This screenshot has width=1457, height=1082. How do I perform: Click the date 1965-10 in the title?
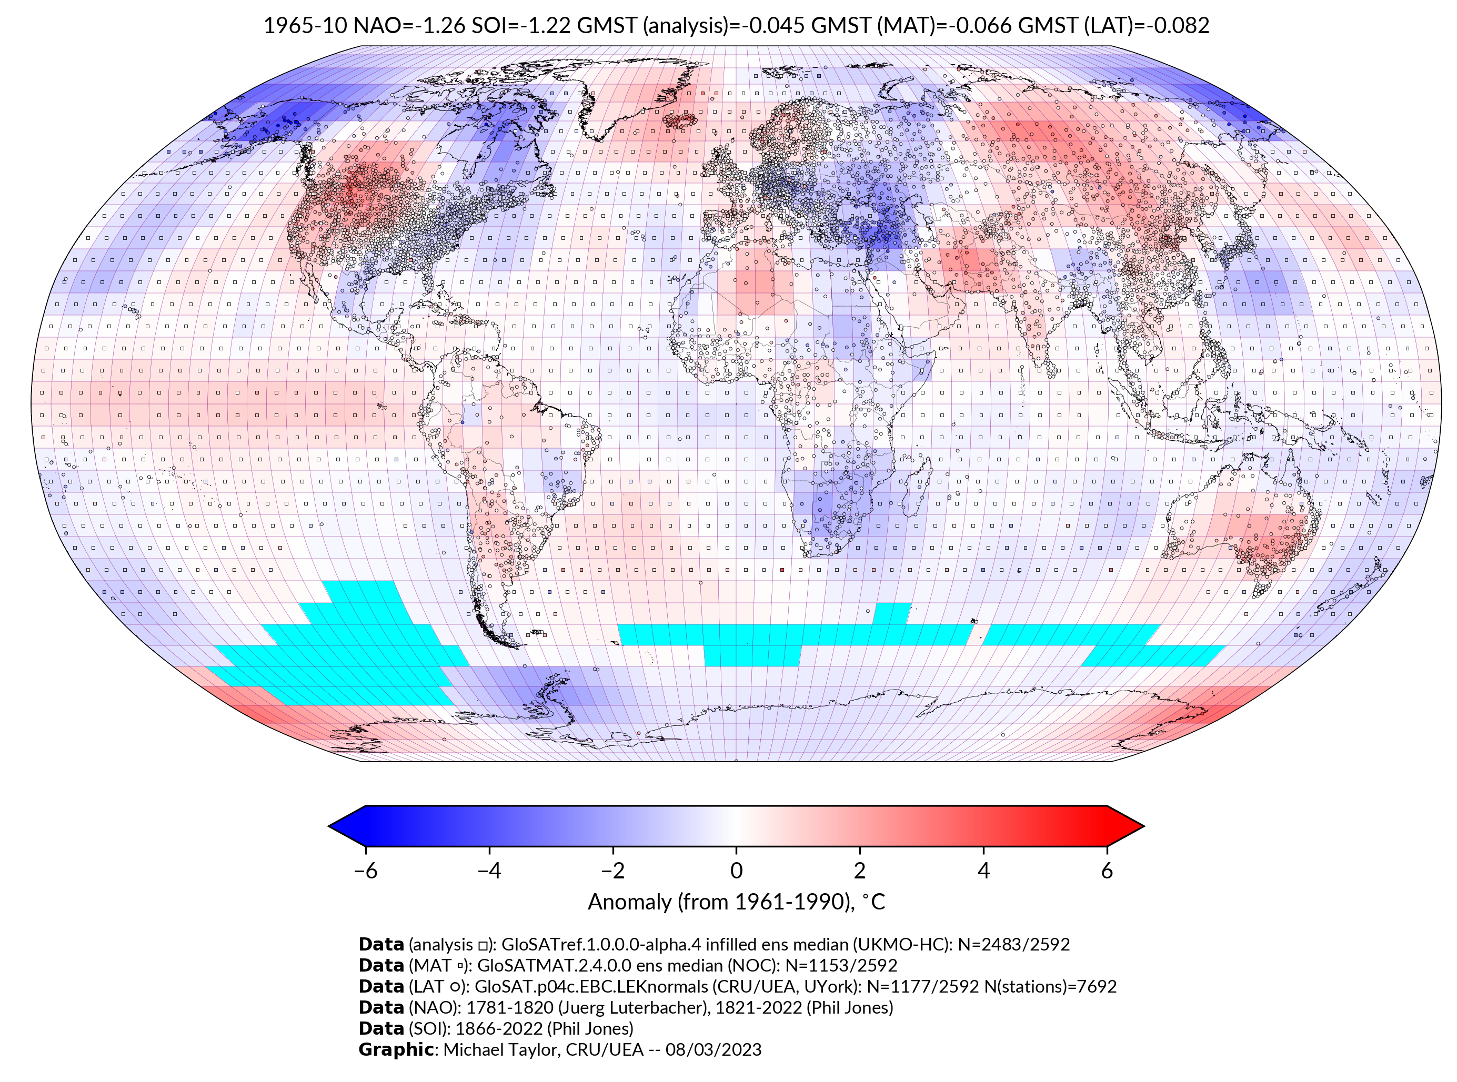click(305, 26)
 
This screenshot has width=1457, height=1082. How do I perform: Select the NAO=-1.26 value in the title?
click(409, 26)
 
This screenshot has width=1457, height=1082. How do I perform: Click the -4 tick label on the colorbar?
click(489, 871)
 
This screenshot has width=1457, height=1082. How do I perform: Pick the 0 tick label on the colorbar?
click(736, 871)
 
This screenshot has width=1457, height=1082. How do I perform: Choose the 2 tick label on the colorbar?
click(860, 871)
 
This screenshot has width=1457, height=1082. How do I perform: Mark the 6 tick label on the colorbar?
click(1107, 871)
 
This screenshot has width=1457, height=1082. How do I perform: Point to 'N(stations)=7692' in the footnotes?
click(1050, 986)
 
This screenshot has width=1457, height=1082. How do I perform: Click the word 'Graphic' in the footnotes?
click(396, 1050)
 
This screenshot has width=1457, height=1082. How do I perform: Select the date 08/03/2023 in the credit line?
click(714, 1050)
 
